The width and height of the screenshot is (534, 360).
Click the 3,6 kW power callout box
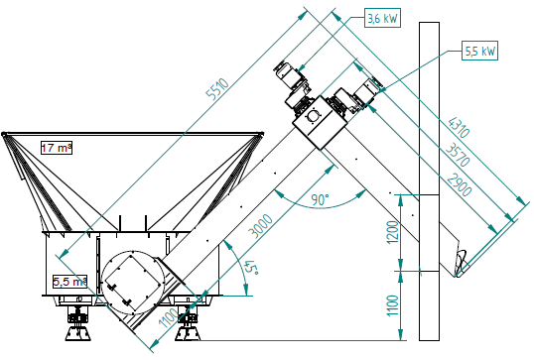[x=382, y=18]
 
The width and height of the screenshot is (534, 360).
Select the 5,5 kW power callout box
[x=479, y=51]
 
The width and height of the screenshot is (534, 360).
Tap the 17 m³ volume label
[x=57, y=148]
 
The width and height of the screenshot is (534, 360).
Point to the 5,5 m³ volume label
[x=69, y=282]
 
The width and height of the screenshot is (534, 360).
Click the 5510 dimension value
[x=218, y=89]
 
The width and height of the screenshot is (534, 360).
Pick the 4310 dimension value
[x=459, y=127]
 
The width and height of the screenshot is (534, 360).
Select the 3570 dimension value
[x=458, y=155]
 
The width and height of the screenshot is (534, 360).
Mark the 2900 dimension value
[x=460, y=184]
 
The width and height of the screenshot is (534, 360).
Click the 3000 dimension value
[x=261, y=225]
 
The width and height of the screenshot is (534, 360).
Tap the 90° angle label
[x=320, y=199]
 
